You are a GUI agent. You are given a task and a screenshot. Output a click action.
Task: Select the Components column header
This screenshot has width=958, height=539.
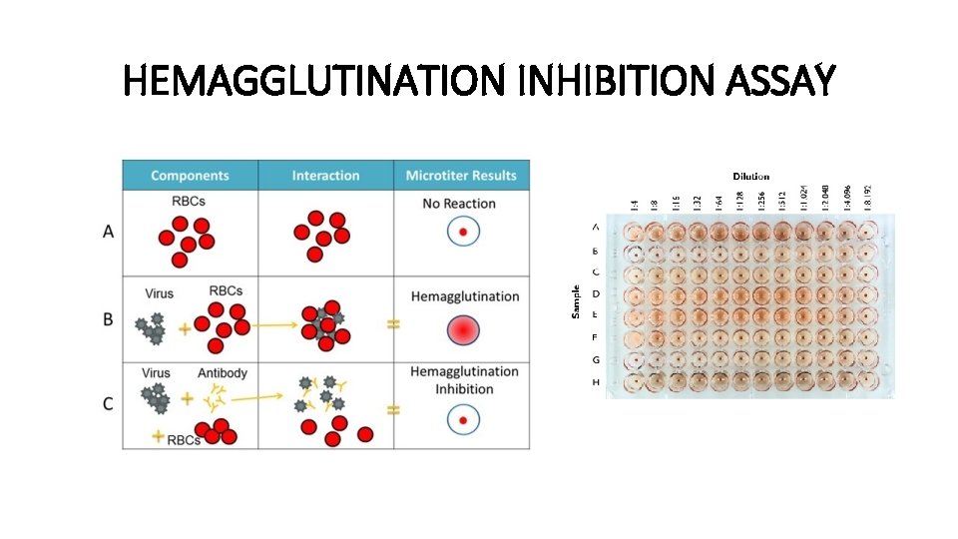[190, 176]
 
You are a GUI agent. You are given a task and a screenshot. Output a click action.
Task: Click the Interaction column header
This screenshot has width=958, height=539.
[325, 176]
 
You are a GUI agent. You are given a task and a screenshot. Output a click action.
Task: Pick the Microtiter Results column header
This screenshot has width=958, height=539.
[461, 176]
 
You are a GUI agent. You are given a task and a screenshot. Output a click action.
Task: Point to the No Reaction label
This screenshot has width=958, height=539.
[459, 204]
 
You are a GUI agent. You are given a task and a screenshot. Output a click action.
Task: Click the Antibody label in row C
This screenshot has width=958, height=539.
[223, 372]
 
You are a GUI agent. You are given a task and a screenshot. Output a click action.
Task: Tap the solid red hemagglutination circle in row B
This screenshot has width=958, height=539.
[464, 329]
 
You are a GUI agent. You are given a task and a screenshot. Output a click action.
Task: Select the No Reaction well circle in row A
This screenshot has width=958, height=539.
[463, 234]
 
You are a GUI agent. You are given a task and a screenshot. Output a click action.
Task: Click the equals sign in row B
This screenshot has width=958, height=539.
[393, 324]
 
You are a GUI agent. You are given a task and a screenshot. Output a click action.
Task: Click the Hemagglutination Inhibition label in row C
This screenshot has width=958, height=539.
[464, 379]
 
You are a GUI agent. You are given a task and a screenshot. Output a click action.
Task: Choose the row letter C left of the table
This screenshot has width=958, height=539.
[108, 403]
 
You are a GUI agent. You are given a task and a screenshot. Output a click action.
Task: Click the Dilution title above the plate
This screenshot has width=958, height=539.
[751, 177]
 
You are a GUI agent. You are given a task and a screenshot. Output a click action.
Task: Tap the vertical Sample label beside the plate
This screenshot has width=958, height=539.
[575, 301]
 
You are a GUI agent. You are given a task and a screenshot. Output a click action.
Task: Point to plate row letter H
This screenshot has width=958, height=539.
[596, 382]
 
